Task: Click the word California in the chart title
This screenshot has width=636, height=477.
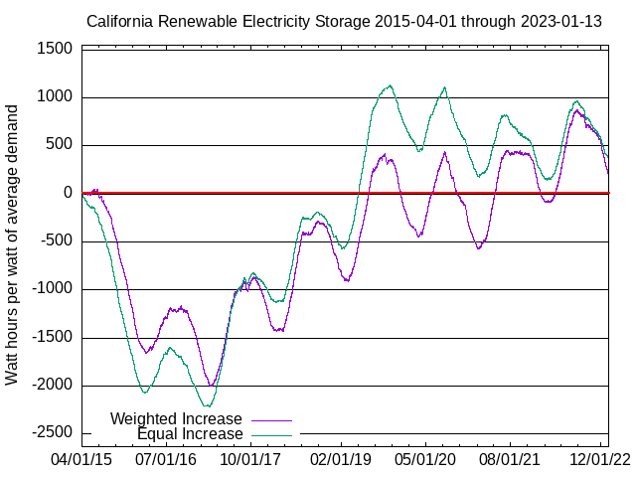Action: coord(121,20)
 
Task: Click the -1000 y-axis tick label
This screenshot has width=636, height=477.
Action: coord(51,289)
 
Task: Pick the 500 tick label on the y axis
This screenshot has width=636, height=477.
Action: coord(59,145)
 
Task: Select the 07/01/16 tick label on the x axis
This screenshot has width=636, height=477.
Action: coord(165,460)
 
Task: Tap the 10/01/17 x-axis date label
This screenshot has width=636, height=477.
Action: coord(248,460)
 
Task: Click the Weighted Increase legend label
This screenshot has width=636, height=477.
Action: coord(176,418)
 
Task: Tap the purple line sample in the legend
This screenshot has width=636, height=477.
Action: coord(272,419)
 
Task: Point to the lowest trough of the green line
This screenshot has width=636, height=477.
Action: coord(207,405)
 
